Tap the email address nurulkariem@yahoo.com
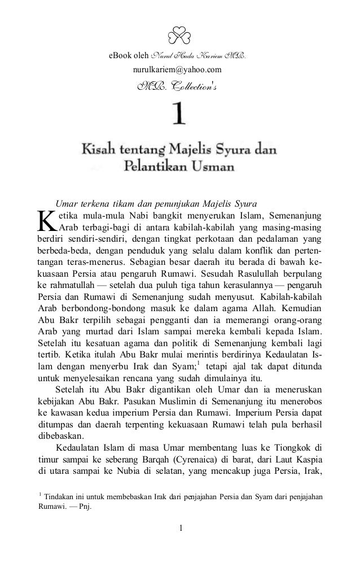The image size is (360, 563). (x=177, y=70)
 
